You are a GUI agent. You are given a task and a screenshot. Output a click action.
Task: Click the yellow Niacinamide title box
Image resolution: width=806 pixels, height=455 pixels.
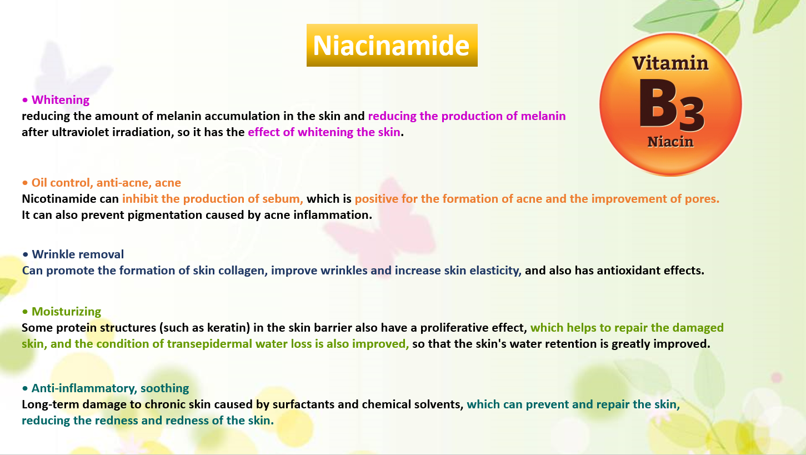click(x=392, y=46)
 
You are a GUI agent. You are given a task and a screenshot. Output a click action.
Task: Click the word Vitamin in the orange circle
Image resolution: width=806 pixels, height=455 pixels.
click(x=670, y=63)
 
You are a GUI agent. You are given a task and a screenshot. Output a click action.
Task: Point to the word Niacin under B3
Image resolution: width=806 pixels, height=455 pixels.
click(x=670, y=142)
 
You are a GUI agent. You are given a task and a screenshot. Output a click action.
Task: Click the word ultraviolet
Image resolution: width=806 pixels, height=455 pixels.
click(x=80, y=132)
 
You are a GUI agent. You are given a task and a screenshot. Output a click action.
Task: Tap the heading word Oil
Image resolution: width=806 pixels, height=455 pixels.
click(x=39, y=183)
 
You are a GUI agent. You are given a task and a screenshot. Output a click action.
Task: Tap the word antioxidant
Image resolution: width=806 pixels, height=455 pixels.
click(x=629, y=271)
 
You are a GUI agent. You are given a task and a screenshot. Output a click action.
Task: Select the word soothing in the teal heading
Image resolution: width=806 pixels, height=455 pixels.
click(x=164, y=388)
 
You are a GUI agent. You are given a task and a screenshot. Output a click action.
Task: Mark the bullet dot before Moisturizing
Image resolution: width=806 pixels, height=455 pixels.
click(x=25, y=312)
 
